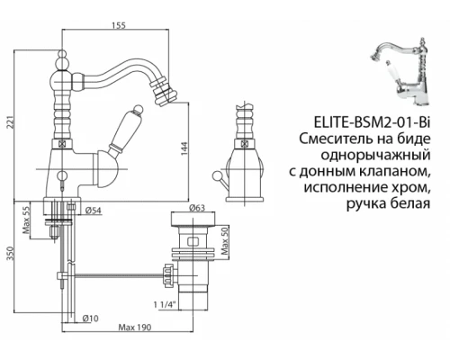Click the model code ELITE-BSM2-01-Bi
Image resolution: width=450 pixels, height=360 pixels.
coord(370,122)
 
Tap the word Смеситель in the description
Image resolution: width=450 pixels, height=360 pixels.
coord(335,139)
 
